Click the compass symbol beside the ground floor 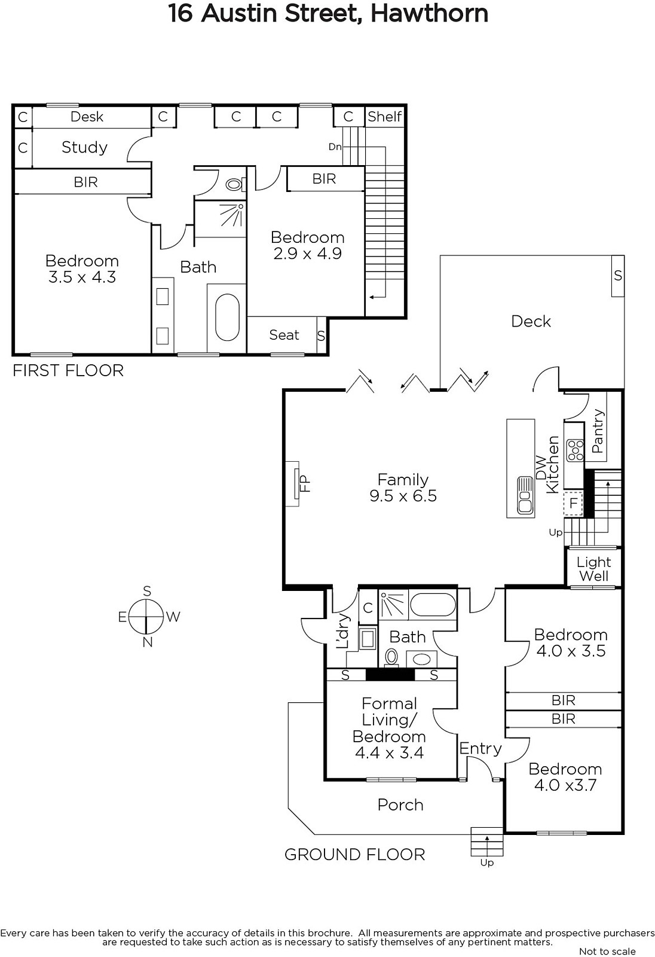click(x=146, y=617)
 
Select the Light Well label click(x=593, y=569)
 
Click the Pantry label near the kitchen click(x=598, y=431)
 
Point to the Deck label click(x=531, y=321)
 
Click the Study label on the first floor click(x=84, y=147)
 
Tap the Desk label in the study click(x=87, y=117)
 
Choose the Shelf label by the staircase click(x=385, y=117)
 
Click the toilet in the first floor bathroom click(x=235, y=185)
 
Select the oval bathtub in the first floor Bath click(x=227, y=318)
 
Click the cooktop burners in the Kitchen click(x=575, y=450)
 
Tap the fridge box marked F click(x=574, y=503)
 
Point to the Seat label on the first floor click(x=284, y=335)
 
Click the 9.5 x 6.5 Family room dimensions click(x=403, y=496)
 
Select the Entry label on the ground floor click(x=480, y=749)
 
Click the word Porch click(x=400, y=805)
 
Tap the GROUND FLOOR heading click(x=355, y=855)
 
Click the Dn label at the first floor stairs click(x=335, y=147)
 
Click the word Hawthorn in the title click(x=429, y=13)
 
